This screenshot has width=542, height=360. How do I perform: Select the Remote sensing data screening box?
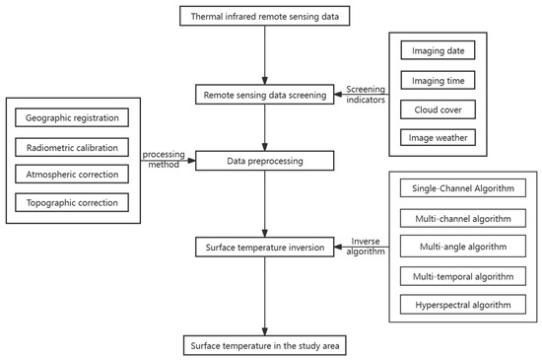click(264, 95)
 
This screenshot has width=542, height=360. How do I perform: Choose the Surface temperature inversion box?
click(264, 246)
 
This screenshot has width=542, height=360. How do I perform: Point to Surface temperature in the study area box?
click(264, 346)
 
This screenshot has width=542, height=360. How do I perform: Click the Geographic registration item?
click(72, 117)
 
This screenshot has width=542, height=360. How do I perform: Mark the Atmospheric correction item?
click(72, 175)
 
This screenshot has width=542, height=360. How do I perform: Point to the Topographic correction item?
click(72, 202)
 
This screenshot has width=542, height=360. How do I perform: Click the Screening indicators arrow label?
click(368, 95)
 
